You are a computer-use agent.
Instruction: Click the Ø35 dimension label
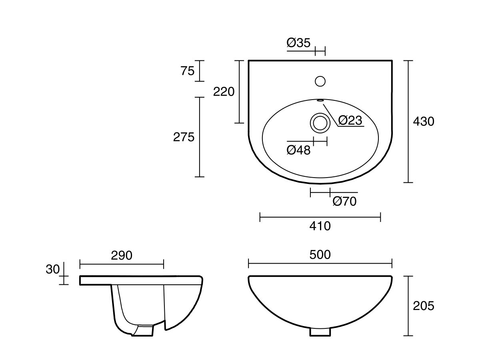click(x=298, y=43)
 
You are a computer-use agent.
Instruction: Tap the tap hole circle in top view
click(x=320, y=81)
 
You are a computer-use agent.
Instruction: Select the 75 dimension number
click(x=187, y=71)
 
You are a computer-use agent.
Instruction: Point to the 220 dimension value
click(x=224, y=92)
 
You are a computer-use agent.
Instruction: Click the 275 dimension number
click(x=184, y=137)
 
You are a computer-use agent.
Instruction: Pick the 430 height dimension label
click(x=423, y=121)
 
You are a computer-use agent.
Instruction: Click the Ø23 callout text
click(x=350, y=120)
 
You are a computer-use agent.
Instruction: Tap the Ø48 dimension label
click(x=298, y=150)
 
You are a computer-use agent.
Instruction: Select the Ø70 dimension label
click(x=344, y=201)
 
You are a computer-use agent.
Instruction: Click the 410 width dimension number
click(x=320, y=226)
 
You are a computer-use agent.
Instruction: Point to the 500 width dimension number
click(x=320, y=254)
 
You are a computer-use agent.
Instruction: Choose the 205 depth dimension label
click(x=423, y=306)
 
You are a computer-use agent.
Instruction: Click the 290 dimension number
click(x=121, y=256)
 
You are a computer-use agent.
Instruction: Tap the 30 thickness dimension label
click(x=52, y=270)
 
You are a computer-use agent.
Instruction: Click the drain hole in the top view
click(x=320, y=122)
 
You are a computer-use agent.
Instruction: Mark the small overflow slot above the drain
click(x=320, y=100)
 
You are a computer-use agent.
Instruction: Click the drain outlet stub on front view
click(x=320, y=332)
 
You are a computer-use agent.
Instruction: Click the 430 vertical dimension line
click(x=408, y=121)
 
